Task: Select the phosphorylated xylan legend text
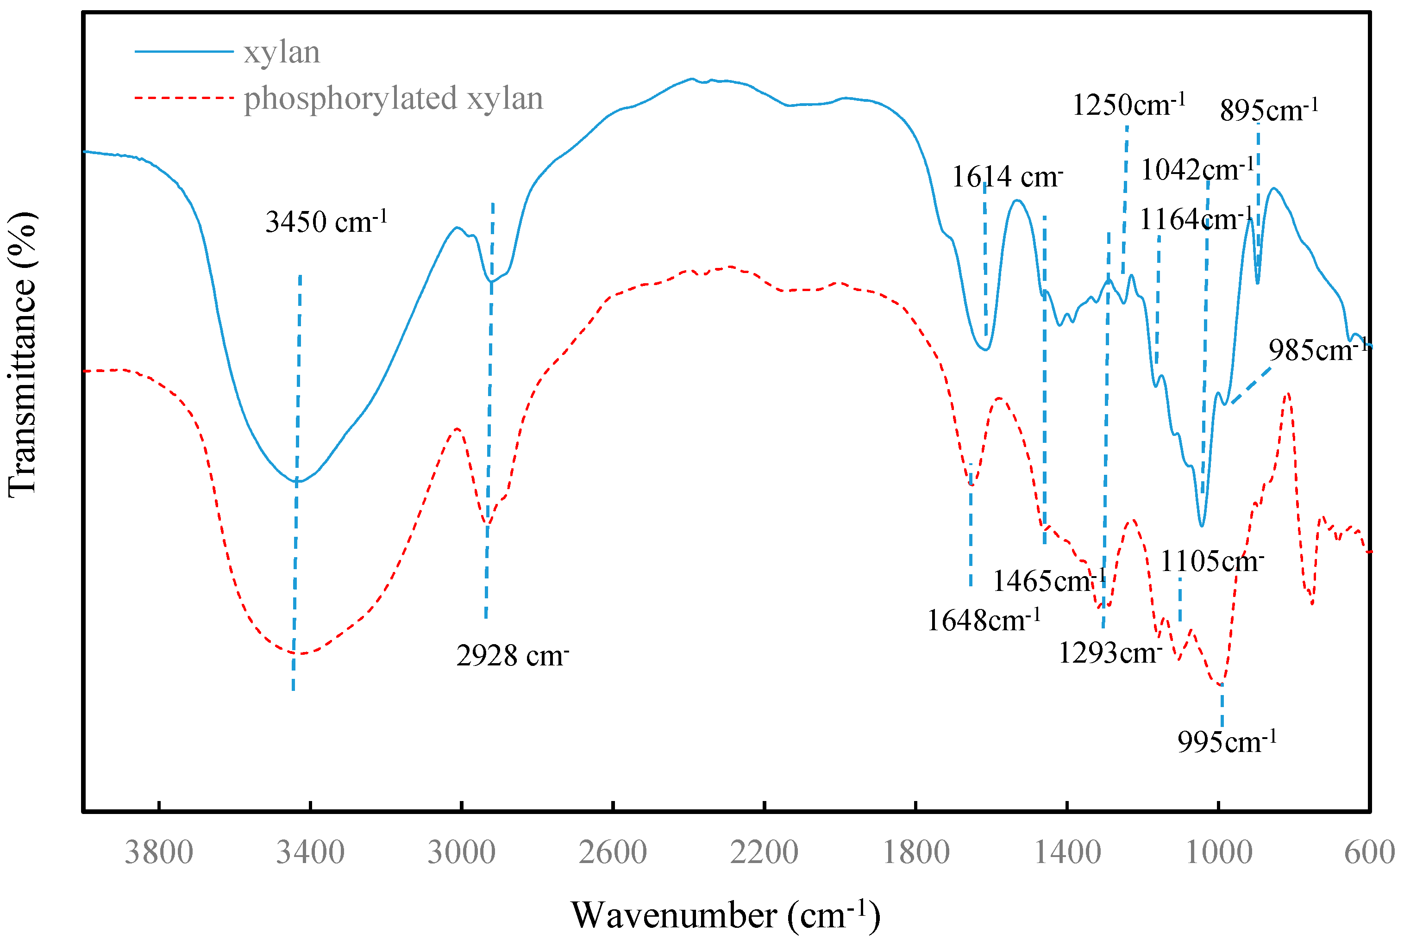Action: pyautogui.click(x=393, y=98)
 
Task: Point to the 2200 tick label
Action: pyautogui.click(x=764, y=852)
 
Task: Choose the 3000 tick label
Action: pyautogui.click(x=461, y=852)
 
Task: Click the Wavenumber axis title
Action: pyautogui.click(x=725, y=914)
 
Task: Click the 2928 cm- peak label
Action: pyautogui.click(x=512, y=656)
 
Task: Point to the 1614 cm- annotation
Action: pyautogui.click(x=1007, y=176)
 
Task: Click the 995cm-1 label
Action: pyautogui.click(x=1227, y=742)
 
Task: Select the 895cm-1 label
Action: pyautogui.click(x=1269, y=110)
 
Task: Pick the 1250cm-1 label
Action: pyautogui.click(x=1128, y=105)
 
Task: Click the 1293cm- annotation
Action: pyautogui.click(x=1110, y=652)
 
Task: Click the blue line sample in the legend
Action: pyautogui.click(x=184, y=52)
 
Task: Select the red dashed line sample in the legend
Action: pyautogui.click(x=184, y=98)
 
